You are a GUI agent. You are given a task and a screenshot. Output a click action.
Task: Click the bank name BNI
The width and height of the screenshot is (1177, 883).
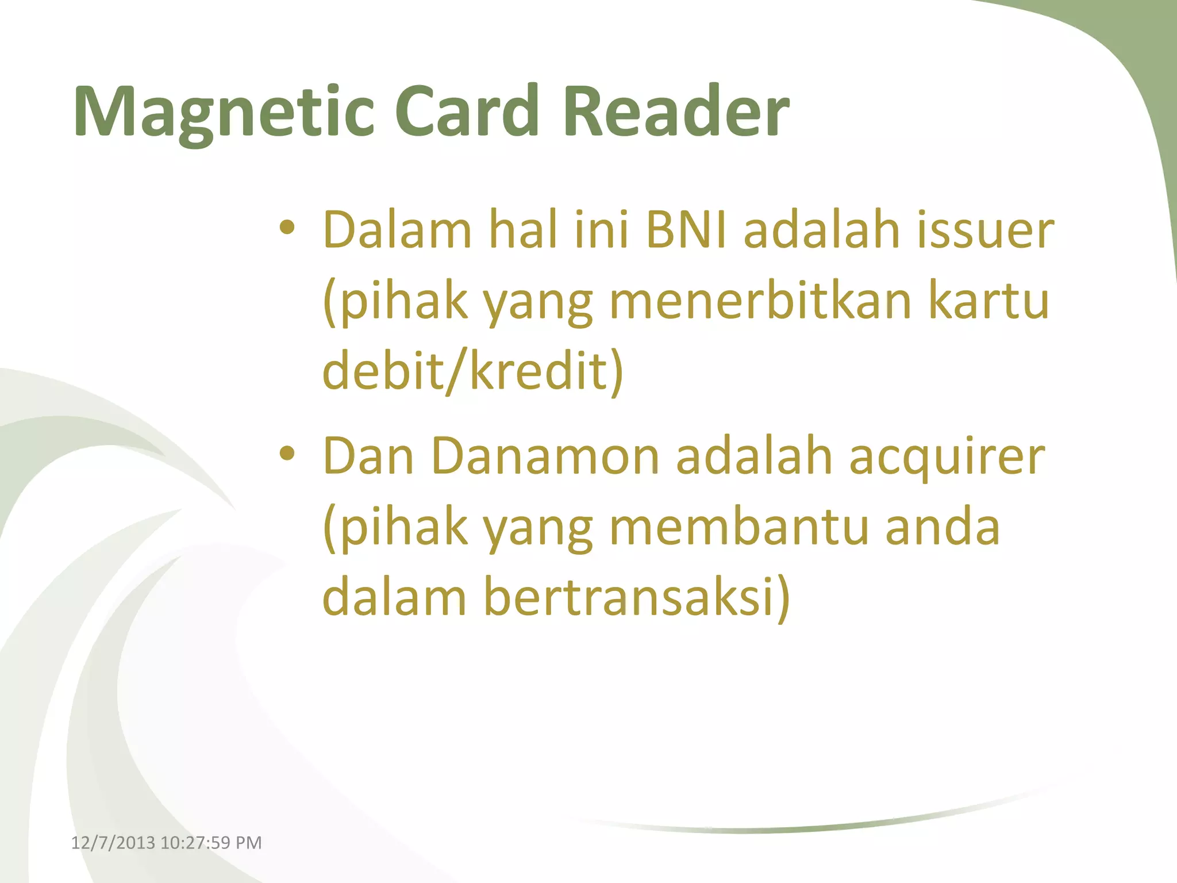(686, 230)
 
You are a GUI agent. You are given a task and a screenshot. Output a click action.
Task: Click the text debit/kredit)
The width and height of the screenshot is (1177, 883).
(473, 370)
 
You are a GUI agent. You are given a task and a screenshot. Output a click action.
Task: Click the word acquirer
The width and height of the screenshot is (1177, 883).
(947, 456)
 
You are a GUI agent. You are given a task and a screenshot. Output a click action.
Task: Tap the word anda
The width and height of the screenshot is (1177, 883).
(943, 527)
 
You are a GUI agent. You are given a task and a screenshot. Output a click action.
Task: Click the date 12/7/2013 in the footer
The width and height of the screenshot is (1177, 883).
(113, 843)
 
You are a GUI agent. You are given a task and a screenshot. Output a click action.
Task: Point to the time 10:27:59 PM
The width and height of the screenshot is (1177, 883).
(211, 843)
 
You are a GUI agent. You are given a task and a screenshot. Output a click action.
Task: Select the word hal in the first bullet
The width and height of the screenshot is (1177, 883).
(523, 230)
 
